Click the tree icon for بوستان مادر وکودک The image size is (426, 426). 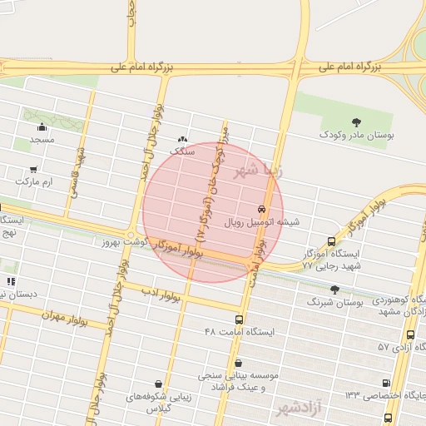coord(357,122)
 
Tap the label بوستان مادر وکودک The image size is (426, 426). coord(358,135)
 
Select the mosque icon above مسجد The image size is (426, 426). coord(42,127)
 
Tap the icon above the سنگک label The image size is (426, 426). coord(182,140)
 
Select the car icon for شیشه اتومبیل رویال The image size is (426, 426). coord(262,210)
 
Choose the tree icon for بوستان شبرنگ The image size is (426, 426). coord(334,290)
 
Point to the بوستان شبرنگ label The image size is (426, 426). coord(336,304)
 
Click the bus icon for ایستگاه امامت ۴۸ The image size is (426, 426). coord(240,319)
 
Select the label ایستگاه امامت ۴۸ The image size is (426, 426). coord(239,332)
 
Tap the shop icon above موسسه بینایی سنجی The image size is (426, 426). coord(239,363)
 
